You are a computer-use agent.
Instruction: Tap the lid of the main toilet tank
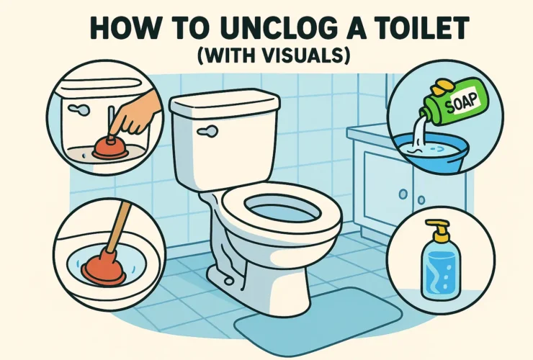coord(224,107)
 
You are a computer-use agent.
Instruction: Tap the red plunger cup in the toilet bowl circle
coord(103,269)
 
